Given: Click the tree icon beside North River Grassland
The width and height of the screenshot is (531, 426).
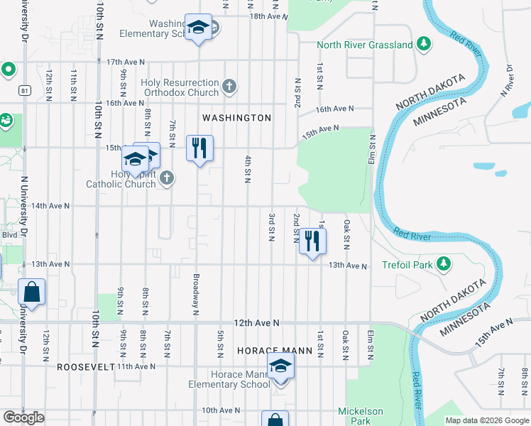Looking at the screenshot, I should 424,45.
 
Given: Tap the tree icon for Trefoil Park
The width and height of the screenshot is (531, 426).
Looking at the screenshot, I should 444,264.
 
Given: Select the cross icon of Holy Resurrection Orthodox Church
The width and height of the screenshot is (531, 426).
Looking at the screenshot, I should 228,87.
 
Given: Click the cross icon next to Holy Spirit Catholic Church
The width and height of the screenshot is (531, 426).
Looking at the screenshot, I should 166,178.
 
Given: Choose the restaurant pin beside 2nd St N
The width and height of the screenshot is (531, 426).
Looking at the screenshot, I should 311,242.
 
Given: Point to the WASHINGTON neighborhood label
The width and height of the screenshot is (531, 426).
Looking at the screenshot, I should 236,118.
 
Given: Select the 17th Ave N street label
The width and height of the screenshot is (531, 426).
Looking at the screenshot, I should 126,62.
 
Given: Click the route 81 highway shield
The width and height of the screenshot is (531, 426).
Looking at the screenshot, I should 25,90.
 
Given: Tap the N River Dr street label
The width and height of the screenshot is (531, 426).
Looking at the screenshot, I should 508,80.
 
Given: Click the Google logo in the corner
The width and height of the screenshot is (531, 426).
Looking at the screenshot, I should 23,417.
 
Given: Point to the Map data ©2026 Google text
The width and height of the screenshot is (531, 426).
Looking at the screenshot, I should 486,420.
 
